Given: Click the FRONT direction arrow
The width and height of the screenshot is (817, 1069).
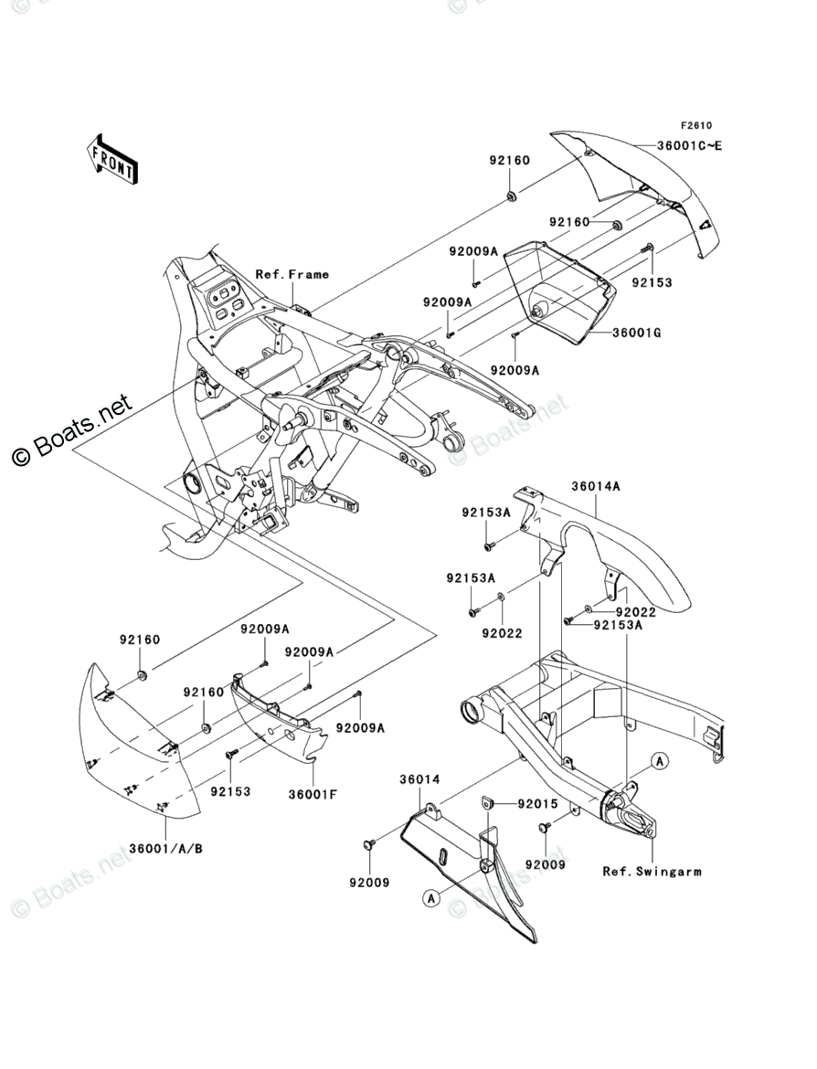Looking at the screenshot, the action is (111, 158).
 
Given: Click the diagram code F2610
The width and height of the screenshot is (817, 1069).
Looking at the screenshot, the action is (695, 125).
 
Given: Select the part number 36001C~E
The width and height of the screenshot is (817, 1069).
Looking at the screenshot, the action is (689, 145).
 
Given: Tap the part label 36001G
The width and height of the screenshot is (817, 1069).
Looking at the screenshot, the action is (636, 333).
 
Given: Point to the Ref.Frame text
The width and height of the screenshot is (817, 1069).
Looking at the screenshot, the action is (292, 274).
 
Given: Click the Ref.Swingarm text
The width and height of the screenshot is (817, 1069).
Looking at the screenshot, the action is (652, 871).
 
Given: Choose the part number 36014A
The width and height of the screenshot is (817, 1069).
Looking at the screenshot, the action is (595, 487).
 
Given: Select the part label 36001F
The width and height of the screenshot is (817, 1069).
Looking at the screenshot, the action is (313, 794).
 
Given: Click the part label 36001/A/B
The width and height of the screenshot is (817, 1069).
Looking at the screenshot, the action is (165, 849).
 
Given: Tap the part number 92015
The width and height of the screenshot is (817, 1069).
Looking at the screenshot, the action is (537, 804).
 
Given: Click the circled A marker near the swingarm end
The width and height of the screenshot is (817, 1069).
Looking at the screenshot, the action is (659, 761).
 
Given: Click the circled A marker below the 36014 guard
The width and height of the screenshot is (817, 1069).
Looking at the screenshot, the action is (430, 899).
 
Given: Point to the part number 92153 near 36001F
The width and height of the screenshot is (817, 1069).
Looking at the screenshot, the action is (230, 791).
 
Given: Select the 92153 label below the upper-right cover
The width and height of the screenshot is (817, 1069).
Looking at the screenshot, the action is (652, 282).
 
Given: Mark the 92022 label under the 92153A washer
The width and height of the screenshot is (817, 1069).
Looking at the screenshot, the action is (502, 633).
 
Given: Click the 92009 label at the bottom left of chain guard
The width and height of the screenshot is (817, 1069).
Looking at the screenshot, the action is (369, 883).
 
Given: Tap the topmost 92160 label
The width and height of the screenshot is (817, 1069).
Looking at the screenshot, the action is (509, 160).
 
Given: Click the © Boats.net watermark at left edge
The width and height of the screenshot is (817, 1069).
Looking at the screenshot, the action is (71, 431).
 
